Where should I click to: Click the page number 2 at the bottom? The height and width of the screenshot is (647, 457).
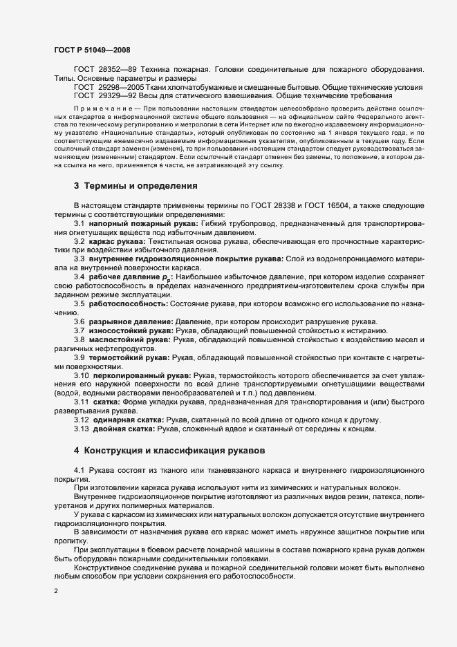click(x=55, y=592)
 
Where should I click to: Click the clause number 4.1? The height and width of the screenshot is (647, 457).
click(x=80, y=470)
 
